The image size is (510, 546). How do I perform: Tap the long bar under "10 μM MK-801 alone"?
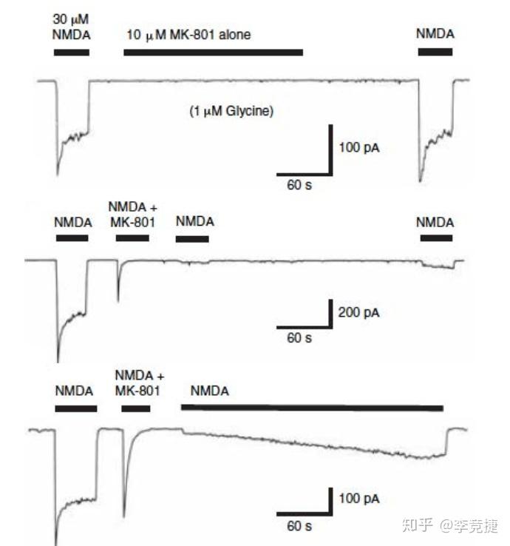pyautogui.click(x=213, y=52)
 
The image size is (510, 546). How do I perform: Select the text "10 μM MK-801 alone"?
pyautogui.click(x=188, y=35)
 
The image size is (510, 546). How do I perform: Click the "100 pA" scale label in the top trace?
pyautogui.click(x=359, y=147)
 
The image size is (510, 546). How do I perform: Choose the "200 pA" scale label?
pyautogui.click(x=359, y=313)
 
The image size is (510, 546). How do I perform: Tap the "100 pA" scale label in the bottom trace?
pyautogui.click(x=359, y=499)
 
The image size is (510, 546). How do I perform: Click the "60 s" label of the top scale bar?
pyautogui.click(x=299, y=184)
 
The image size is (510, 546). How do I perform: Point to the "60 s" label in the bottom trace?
pyautogui.click(x=299, y=526)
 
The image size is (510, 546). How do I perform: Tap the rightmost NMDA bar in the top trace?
pyautogui.click(x=435, y=52)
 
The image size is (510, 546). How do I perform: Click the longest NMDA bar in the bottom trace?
pyautogui.click(x=312, y=407)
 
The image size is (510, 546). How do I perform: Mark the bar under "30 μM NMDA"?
pyautogui.click(x=72, y=52)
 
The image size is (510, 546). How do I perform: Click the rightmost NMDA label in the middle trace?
pyautogui.click(x=435, y=222)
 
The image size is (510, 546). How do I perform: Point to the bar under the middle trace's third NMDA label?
pyautogui.click(x=192, y=238)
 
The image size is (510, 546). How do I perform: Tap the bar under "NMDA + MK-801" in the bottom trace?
pyautogui.click(x=136, y=408)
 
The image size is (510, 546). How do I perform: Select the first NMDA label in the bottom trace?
pyautogui.click(x=74, y=391)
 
